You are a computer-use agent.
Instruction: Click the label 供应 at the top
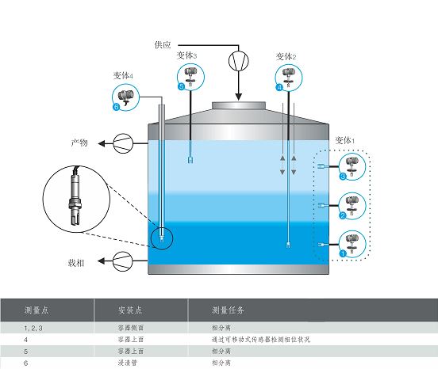163,44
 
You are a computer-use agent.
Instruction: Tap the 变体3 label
186,55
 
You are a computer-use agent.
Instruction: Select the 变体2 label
286,56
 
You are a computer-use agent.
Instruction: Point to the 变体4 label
123,75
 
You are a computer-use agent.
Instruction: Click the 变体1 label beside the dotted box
345,140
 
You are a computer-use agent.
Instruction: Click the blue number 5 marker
181,86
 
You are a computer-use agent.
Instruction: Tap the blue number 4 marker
279,88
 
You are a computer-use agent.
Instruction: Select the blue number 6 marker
116,107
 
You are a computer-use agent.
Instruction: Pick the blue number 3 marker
343,176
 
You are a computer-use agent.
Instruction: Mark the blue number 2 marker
343,215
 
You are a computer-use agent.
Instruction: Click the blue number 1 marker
343,253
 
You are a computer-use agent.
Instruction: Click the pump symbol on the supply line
239,61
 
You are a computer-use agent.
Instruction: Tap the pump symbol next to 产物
123,143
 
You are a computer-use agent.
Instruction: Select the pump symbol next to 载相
123,261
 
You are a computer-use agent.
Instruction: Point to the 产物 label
79,143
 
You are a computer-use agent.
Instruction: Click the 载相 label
76,263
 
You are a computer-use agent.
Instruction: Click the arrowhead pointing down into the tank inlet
238,97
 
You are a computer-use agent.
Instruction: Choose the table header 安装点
130,310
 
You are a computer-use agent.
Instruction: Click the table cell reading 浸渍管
128,363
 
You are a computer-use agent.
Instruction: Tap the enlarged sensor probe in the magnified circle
75,196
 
